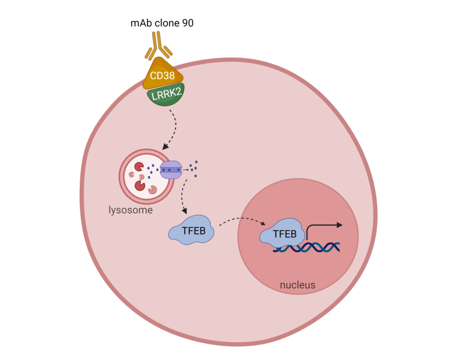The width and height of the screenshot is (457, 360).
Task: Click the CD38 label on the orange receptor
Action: [163, 75]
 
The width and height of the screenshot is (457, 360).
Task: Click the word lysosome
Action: [130, 210]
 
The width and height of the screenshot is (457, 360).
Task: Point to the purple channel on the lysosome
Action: [171, 170]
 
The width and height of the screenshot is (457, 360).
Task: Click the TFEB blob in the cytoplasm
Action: [191, 231]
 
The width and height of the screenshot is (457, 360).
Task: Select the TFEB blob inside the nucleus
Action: [282, 234]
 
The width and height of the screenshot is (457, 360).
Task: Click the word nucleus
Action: [297, 285]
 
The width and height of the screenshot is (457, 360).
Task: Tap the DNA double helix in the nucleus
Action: [308, 247]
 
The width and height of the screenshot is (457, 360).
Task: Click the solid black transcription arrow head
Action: [340, 224]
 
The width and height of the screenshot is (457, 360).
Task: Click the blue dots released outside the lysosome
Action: [193, 168]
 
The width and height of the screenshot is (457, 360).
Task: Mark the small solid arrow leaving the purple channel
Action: [185, 170]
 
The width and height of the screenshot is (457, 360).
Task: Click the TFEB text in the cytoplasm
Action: [193, 231]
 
